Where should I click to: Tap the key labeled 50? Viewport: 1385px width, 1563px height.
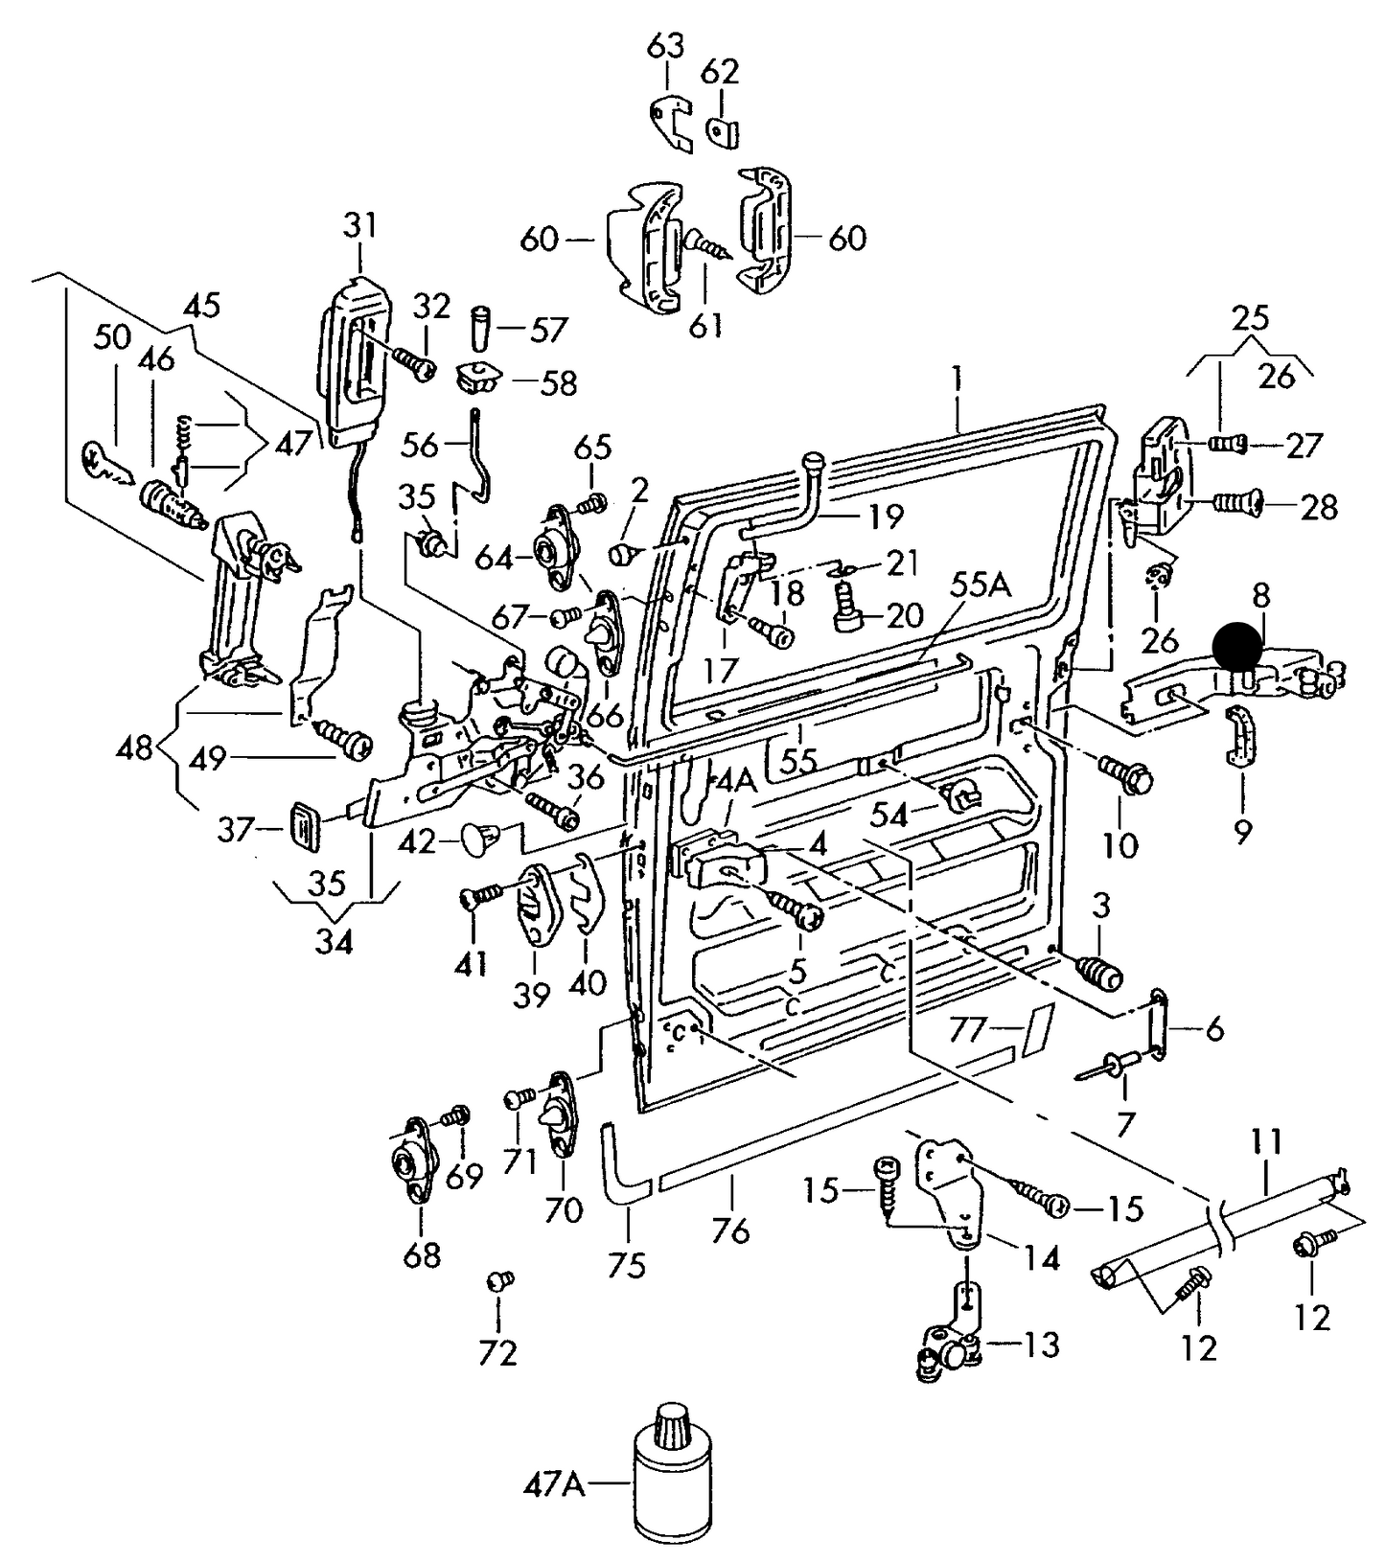click(x=106, y=463)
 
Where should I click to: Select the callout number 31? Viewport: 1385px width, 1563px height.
click(x=360, y=228)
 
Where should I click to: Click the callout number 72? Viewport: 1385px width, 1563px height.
click(x=498, y=1352)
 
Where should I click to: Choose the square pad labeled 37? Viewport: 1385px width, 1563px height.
click(x=305, y=825)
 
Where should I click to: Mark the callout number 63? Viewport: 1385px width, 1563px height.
click(x=667, y=45)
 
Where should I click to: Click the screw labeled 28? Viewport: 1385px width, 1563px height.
click(x=1235, y=501)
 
